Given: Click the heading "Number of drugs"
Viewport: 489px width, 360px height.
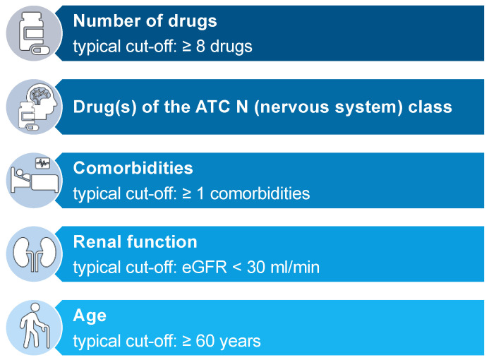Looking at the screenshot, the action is [145, 21].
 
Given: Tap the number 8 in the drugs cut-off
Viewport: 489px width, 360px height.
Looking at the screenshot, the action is [200, 47].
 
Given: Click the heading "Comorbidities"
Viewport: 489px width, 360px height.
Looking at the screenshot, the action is [133, 168].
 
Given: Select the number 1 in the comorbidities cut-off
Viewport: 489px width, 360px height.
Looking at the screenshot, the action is [200, 193].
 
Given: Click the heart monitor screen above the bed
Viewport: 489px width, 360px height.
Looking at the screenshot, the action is [43, 163].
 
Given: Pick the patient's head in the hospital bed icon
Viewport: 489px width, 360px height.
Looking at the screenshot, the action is [20, 172].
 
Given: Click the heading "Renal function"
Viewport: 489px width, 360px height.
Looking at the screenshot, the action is [135, 242].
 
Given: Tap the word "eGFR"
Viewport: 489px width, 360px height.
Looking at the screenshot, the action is [205, 268].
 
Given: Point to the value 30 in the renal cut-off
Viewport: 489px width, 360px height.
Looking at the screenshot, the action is [256, 268].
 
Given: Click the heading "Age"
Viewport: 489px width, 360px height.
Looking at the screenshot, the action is [90, 316].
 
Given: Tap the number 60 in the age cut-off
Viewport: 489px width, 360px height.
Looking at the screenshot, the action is [205, 341].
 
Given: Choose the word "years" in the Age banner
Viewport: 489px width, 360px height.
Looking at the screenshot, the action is [240, 342].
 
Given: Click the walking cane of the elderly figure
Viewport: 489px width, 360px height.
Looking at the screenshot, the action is [46, 336].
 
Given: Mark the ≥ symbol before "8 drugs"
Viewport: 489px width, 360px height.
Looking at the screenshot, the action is [186, 47].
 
